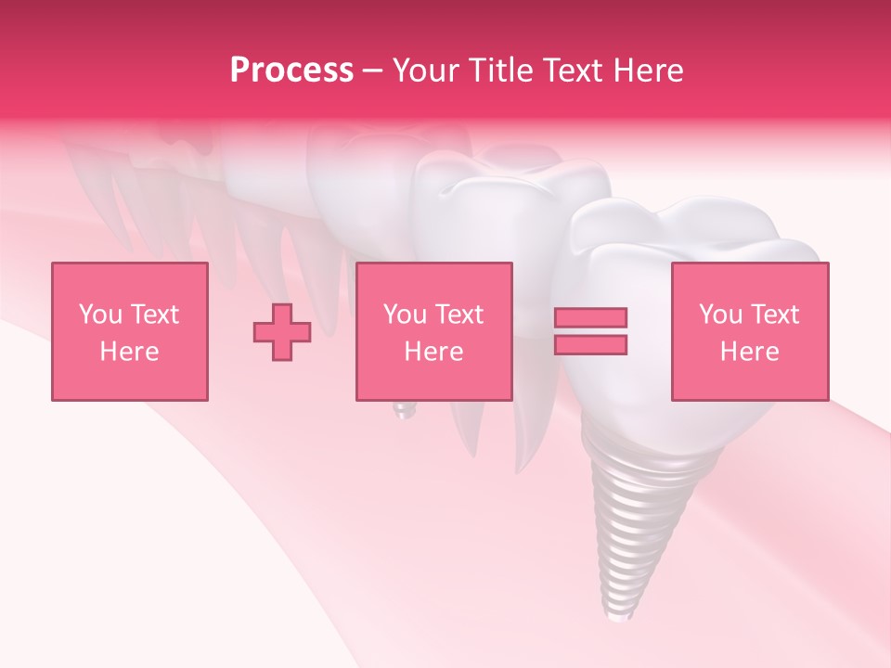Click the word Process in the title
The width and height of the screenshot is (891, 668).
tap(291, 71)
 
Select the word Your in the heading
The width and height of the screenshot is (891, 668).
tap(426, 71)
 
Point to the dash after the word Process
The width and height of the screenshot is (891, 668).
tap(373, 71)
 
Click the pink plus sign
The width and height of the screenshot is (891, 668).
tap(282, 332)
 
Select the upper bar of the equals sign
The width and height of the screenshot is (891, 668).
tap(590, 317)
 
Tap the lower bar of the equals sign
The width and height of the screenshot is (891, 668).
tap(590, 344)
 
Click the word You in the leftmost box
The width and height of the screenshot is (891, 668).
tap(98, 315)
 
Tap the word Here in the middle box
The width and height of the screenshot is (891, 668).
tap(434, 352)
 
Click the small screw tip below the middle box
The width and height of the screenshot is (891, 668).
tap(402, 411)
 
